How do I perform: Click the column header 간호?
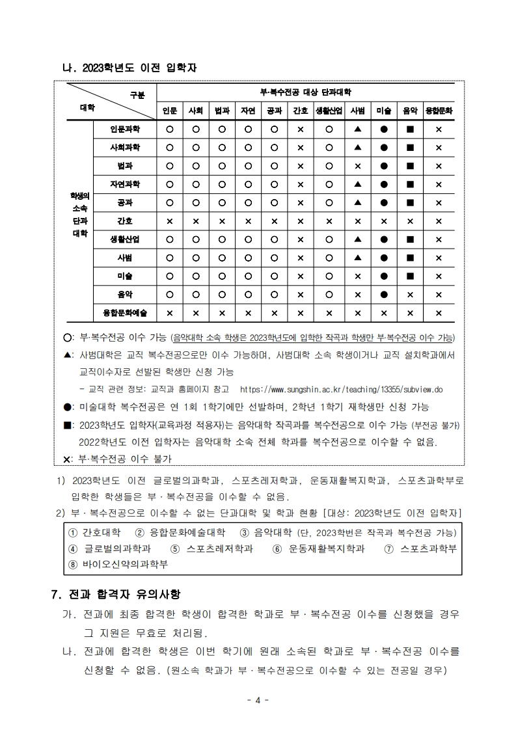pyautogui.click(x=301, y=111)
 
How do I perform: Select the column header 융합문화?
pyautogui.click(x=439, y=111)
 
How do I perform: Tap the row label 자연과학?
pyautogui.click(x=125, y=184)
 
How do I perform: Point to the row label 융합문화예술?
pyautogui.click(x=125, y=313)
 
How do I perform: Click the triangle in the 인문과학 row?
pyautogui.click(x=357, y=129)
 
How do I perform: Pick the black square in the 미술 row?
pyautogui.click(x=410, y=276)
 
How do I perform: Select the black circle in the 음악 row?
pyautogui.click(x=384, y=295)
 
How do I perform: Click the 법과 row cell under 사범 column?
pyautogui.click(x=357, y=166)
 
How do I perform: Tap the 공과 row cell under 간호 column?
pyautogui.click(x=301, y=202)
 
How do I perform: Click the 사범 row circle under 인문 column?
pyautogui.click(x=169, y=258)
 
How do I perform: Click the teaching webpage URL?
pyautogui.click(x=341, y=390)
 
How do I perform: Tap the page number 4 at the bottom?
pyautogui.click(x=258, y=700)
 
